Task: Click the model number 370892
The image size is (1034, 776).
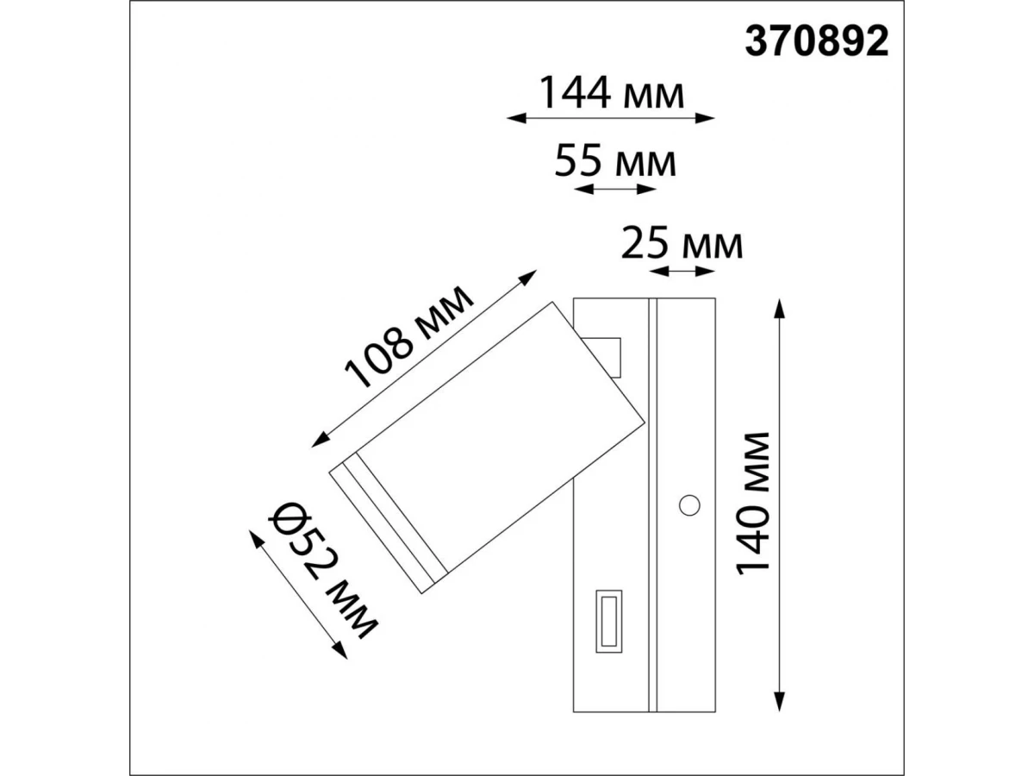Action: click(816, 41)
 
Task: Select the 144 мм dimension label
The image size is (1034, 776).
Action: click(611, 93)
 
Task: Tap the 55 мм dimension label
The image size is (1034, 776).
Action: click(615, 161)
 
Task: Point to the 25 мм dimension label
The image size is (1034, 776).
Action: click(682, 243)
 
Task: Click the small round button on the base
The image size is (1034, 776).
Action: click(689, 505)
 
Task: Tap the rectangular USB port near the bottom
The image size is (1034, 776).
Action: click(608, 622)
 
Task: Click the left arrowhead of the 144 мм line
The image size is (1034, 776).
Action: click(516, 118)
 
